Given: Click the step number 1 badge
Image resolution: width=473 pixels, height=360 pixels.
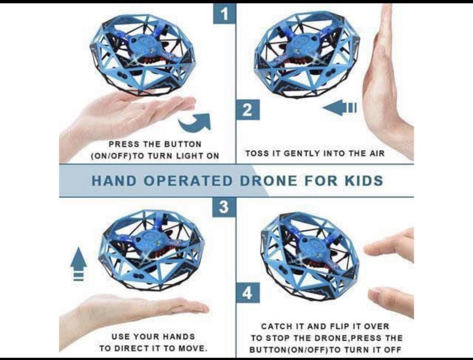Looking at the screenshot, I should (x=225, y=14).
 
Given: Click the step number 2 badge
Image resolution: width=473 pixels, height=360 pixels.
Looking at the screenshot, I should (x=247, y=110).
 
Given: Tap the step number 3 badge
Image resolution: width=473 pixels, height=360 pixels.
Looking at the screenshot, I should (x=224, y=207).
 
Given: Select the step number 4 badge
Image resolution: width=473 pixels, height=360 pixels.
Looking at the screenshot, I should (x=247, y=293).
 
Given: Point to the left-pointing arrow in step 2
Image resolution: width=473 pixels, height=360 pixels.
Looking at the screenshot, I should (x=339, y=108).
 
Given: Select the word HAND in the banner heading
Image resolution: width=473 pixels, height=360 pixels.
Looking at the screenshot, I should (x=112, y=181).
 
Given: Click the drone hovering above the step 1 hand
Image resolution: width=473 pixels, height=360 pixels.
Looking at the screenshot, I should (x=142, y=53).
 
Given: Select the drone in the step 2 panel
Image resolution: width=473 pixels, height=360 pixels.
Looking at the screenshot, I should (x=307, y=53).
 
